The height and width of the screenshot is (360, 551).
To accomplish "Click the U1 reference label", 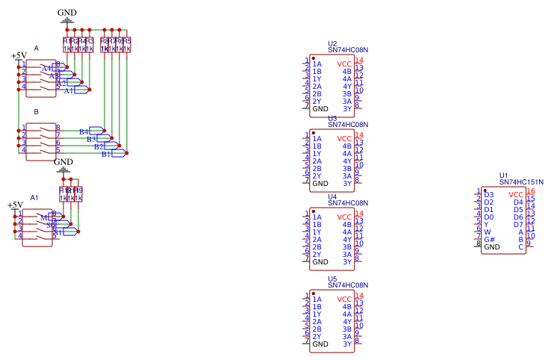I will [x=504, y=175].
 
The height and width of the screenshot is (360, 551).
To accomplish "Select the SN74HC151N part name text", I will [x=521, y=181].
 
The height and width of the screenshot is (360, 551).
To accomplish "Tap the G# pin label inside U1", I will [x=489, y=239].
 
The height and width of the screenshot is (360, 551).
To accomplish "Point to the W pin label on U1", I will [x=487, y=232].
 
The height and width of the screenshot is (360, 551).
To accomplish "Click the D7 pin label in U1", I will [x=518, y=224].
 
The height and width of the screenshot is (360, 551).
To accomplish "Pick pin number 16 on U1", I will [x=530, y=191].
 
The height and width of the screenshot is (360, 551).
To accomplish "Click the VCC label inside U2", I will [x=344, y=63].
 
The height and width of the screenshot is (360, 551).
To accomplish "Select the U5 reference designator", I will [x=332, y=279].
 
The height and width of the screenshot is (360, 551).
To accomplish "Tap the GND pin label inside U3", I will [x=320, y=183].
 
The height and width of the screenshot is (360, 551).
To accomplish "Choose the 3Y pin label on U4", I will [x=347, y=261].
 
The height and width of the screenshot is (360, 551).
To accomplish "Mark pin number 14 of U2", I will [x=359, y=60].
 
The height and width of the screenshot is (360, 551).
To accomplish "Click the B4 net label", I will [x=84, y=131].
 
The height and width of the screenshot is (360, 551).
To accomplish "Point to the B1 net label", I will [x=106, y=155].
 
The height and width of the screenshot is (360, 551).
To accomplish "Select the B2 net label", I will [x=99, y=146].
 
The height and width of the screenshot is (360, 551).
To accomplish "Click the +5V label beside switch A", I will [x=19, y=55].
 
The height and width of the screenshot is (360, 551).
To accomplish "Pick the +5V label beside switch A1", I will [x=15, y=205].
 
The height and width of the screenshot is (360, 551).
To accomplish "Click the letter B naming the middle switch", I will [x=36, y=111].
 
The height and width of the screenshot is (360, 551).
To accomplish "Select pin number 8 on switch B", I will [x=58, y=128].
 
